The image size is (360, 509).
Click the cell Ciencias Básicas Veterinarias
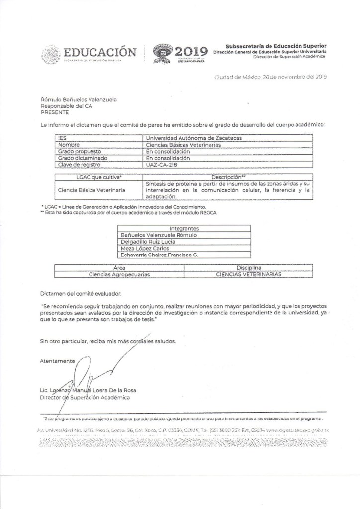[x=184, y=145]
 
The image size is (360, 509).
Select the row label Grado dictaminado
[x=82, y=158]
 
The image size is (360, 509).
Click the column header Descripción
[x=227, y=176]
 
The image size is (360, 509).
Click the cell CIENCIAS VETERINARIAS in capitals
[x=249, y=274]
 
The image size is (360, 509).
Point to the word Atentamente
[x=57, y=360]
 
